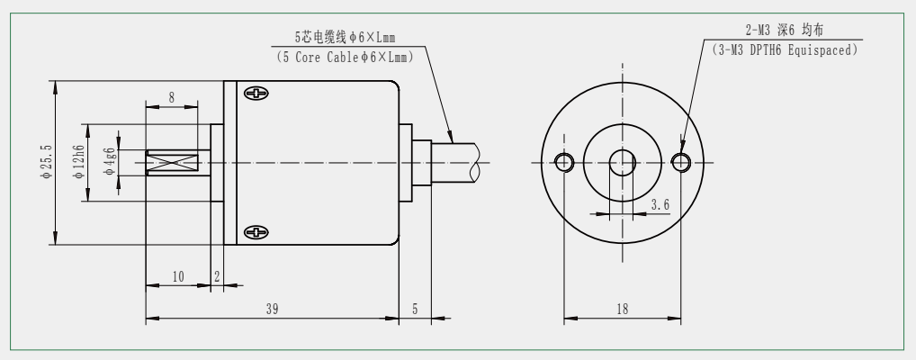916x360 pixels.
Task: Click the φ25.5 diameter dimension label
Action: (x=48, y=162)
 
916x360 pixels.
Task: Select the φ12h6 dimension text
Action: (x=79, y=161)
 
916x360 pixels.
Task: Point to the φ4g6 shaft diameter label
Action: (x=109, y=161)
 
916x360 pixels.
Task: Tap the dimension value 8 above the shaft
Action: (x=171, y=97)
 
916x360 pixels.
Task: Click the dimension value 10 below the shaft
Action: (x=178, y=276)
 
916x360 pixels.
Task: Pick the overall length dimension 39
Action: (x=272, y=310)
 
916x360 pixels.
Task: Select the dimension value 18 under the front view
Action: (x=622, y=310)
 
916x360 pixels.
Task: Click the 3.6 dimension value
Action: (x=660, y=204)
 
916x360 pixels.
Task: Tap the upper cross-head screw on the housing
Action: (x=256, y=94)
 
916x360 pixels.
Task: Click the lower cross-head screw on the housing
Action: (x=256, y=232)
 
